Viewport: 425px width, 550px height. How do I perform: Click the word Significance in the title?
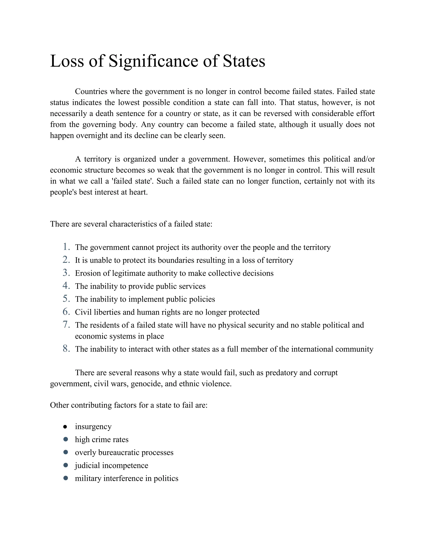point(153,61)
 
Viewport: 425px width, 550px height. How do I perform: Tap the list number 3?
point(66,273)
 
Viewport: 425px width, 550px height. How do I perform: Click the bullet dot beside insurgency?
point(65,427)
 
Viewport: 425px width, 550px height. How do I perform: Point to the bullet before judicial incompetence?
point(66,465)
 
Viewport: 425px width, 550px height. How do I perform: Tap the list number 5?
point(66,299)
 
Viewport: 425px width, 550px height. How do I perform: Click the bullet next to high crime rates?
point(66,439)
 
